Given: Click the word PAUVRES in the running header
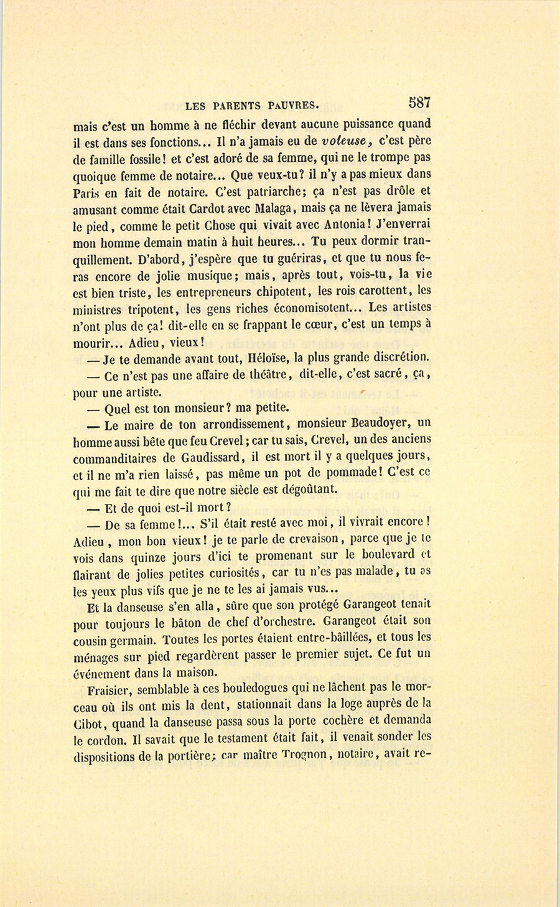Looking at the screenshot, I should pos(287,105).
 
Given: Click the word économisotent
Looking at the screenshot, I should pos(315,308).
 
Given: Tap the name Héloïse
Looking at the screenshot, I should pos(268,358).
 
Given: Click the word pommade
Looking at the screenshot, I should pos(346,473).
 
